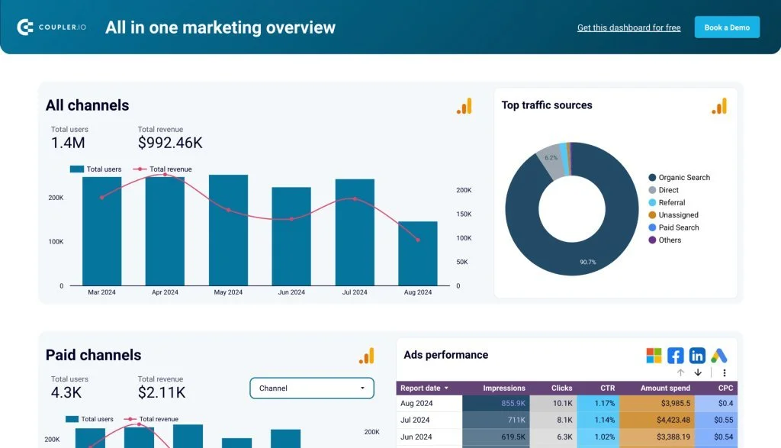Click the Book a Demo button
click(x=726, y=27)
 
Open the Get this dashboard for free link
click(x=628, y=27)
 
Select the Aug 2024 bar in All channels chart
click(x=417, y=254)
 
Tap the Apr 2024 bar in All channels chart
click(x=165, y=231)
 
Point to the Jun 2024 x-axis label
click(x=291, y=292)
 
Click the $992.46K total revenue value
click(x=170, y=143)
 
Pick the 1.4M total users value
click(x=68, y=143)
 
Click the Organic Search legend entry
click(x=683, y=178)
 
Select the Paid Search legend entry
click(x=678, y=227)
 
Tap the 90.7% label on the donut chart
click(x=587, y=262)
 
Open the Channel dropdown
click(x=312, y=388)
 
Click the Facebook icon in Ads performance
click(x=675, y=356)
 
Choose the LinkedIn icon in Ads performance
click(x=697, y=356)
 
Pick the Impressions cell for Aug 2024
click(x=496, y=403)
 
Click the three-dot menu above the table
click(x=725, y=372)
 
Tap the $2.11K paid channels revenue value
click(x=162, y=392)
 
